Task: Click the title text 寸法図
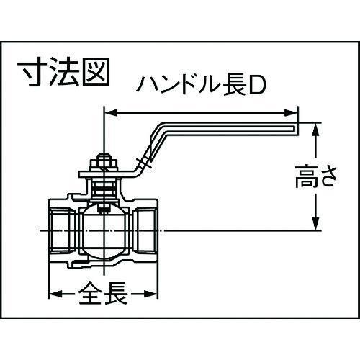pyautogui.click(x=63, y=72)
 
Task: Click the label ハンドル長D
pyautogui.click(x=202, y=85)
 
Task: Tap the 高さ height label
pyautogui.click(x=315, y=177)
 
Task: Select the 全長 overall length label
pyautogui.click(x=103, y=293)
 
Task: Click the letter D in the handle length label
pyautogui.click(x=258, y=85)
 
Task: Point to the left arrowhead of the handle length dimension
pyautogui.click(x=112, y=112)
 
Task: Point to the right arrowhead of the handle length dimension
pyautogui.click(x=291, y=112)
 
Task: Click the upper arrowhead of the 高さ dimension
pyautogui.click(x=316, y=130)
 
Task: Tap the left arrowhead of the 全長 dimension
pyautogui.click(x=55, y=293)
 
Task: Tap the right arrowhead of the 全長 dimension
pyautogui.click(x=150, y=293)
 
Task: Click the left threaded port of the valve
pyautogui.click(x=63, y=230)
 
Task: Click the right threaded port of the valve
pyautogui.click(x=145, y=230)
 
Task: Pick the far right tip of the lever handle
pyautogui.click(x=298, y=129)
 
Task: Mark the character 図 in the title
pyautogui.click(x=96, y=72)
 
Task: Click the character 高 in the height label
pyautogui.click(x=305, y=177)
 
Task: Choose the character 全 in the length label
pyautogui.click(x=90, y=293)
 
